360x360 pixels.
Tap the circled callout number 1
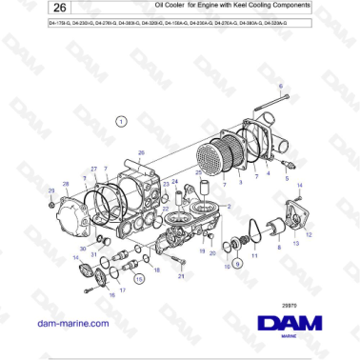pyautogui.click(x=121, y=122)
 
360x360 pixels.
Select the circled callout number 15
pyautogui.click(x=140, y=279)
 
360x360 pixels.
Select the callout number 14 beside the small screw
pyautogui.click(x=76, y=258)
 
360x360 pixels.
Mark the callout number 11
pyautogui.click(x=254, y=256)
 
